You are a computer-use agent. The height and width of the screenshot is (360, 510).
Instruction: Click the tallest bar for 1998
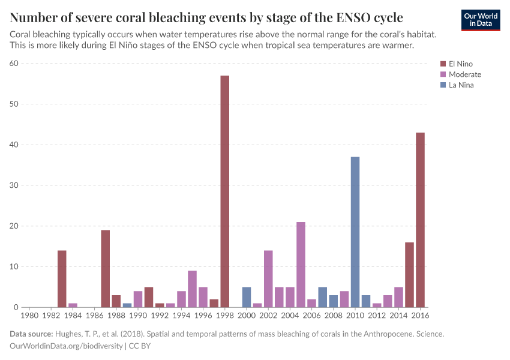pos(225,191)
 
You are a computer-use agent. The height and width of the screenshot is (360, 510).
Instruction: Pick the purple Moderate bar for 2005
pos(301,265)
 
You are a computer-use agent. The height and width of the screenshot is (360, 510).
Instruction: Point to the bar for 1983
pos(62,279)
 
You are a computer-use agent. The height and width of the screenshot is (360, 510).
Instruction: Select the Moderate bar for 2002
pos(268,279)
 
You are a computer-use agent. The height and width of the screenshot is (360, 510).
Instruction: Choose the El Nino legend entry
pos(460,64)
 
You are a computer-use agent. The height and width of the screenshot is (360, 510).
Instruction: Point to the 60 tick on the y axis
pos(14,64)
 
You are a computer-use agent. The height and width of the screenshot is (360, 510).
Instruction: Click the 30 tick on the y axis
pos(14,185)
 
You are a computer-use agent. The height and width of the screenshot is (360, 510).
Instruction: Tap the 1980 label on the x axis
pos(29,315)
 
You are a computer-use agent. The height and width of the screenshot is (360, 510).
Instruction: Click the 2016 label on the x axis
pos(420,315)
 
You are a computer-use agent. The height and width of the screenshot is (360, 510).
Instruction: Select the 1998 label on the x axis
pos(225,315)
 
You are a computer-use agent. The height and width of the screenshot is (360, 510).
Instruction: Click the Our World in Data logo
pos(481,20)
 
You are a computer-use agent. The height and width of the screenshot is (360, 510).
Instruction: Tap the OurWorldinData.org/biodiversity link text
pos(67,346)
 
